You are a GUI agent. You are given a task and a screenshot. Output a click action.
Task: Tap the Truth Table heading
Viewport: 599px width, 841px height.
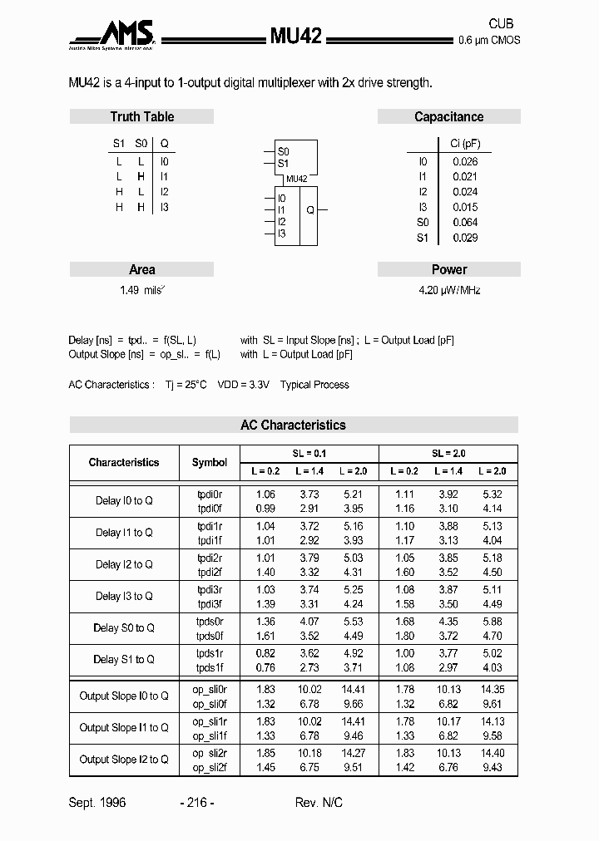pyautogui.click(x=142, y=117)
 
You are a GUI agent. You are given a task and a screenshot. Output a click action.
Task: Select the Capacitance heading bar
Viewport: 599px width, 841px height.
pyautogui.click(x=448, y=117)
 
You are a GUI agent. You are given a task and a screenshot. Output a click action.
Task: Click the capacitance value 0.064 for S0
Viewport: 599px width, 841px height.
pyautogui.click(x=465, y=223)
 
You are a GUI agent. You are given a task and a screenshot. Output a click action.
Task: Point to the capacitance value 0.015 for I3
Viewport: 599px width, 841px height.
pyautogui.click(x=465, y=207)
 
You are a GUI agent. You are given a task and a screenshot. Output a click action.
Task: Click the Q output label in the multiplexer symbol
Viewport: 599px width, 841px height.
pyautogui.click(x=309, y=211)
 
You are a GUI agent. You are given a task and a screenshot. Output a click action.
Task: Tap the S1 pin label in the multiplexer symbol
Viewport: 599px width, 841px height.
pyautogui.click(x=284, y=164)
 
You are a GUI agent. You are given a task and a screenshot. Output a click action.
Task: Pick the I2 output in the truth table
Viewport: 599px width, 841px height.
pyautogui.click(x=164, y=192)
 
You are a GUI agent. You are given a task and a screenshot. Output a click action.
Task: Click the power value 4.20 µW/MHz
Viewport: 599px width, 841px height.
pyautogui.click(x=449, y=291)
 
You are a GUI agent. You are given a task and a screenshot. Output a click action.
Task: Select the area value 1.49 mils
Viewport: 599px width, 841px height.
pyautogui.click(x=142, y=291)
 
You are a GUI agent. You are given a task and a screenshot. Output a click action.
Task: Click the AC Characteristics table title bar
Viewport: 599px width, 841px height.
pyautogui.click(x=293, y=425)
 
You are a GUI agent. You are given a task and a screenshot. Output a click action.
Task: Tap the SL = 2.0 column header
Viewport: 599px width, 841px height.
pyautogui.click(x=448, y=454)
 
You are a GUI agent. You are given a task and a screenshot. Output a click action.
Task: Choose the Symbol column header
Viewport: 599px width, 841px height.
pyautogui.click(x=209, y=462)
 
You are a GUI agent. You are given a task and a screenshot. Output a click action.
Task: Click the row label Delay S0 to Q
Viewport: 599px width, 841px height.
pyautogui.click(x=124, y=628)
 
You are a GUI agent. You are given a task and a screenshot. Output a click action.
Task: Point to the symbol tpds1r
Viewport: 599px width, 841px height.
pyautogui.click(x=210, y=653)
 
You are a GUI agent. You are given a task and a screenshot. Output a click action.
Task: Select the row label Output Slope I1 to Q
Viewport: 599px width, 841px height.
pyautogui.click(x=124, y=728)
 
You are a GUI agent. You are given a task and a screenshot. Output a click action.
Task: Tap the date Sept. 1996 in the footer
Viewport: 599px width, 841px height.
pyautogui.click(x=97, y=803)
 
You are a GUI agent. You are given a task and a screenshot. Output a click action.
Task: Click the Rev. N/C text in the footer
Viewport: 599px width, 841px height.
pyautogui.click(x=319, y=803)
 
